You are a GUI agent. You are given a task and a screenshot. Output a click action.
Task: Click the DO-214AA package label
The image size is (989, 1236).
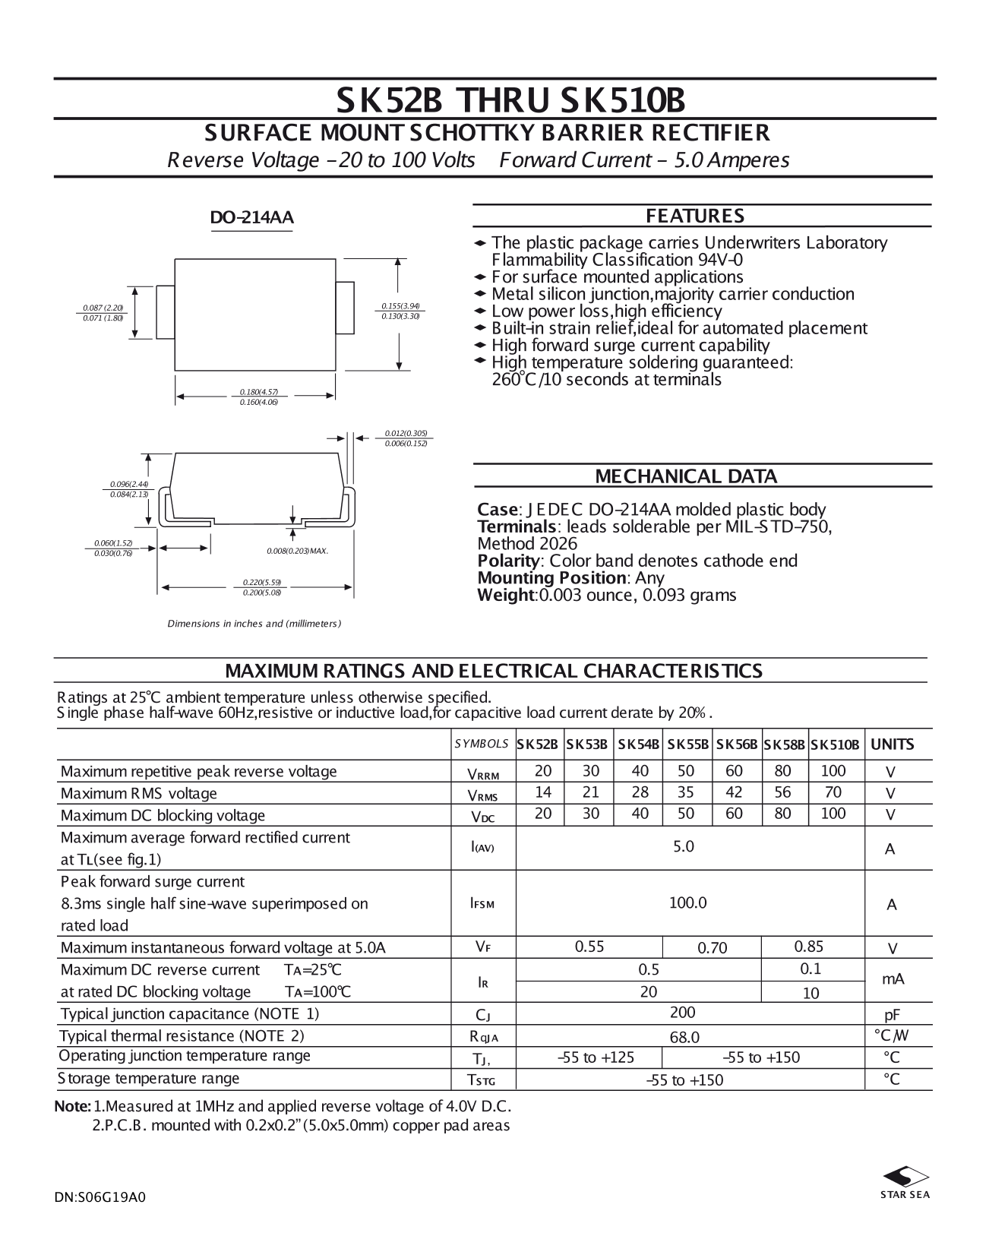(251, 218)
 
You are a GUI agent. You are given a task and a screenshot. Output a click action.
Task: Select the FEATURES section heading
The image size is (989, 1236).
(695, 217)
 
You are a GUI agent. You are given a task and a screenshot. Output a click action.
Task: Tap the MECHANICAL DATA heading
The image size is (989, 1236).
(686, 477)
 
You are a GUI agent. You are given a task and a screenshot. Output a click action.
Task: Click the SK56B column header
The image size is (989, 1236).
(737, 744)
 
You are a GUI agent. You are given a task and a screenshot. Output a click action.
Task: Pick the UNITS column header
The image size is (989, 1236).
(892, 744)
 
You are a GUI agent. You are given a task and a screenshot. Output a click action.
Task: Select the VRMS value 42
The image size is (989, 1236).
(734, 792)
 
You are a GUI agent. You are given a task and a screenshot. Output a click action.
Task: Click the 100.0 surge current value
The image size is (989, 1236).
(687, 903)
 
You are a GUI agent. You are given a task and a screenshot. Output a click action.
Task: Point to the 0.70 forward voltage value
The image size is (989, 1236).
(712, 947)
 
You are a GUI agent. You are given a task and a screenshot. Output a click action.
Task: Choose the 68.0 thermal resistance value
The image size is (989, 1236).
(684, 1037)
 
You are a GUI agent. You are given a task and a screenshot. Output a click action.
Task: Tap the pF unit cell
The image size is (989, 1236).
(892, 1015)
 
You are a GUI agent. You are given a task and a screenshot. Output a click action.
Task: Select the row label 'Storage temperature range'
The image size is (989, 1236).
(149, 1079)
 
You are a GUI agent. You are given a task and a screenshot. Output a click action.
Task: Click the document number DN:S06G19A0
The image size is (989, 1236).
(100, 1197)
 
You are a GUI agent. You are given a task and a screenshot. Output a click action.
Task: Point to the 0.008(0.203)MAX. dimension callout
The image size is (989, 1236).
(297, 551)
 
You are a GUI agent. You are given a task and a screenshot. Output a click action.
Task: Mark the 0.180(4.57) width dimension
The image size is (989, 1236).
(259, 392)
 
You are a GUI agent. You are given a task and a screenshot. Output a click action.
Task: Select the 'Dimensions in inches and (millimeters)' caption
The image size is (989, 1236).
(254, 624)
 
